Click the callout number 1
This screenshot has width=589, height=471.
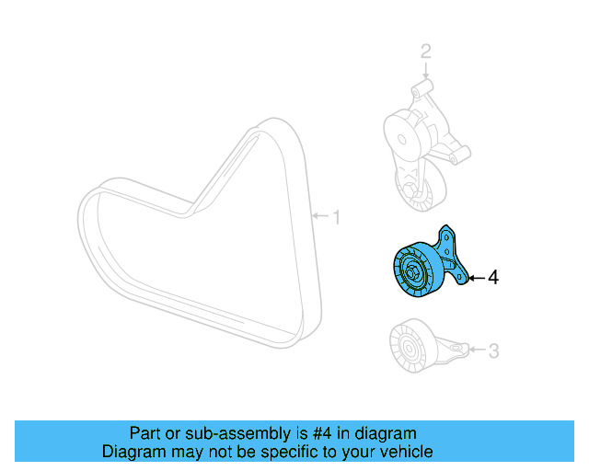pyautogui.click(x=337, y=218)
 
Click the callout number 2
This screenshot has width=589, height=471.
pyautogui.click(x=425, y=52)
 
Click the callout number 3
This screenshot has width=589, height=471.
pyautogui.click(x=493, y=350)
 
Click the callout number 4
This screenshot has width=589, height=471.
pyautogui.click(x=493, y=277)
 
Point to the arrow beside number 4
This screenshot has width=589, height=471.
pyautogui.click(x=475, y=277)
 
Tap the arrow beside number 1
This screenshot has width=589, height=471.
pyautogui.click(x=320, y=218)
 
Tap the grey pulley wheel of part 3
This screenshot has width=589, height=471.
pyautogui.click(x=405, y=348)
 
